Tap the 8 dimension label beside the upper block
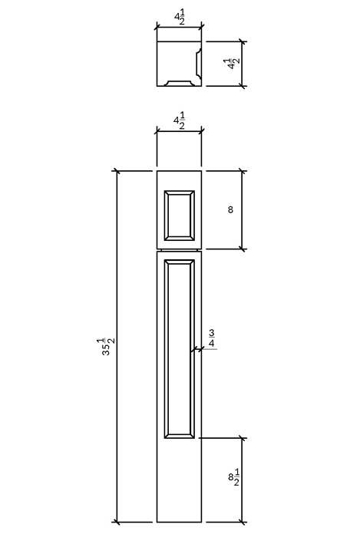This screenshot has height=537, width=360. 230,209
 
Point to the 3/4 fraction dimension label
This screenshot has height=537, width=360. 212,338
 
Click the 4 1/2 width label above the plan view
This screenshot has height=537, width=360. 180,18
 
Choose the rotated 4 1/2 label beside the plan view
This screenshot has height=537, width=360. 234,64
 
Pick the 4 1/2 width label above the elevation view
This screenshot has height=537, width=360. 179,121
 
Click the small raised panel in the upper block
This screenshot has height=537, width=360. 180,216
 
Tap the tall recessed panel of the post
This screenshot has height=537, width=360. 180,348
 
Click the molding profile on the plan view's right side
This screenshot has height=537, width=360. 198,64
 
